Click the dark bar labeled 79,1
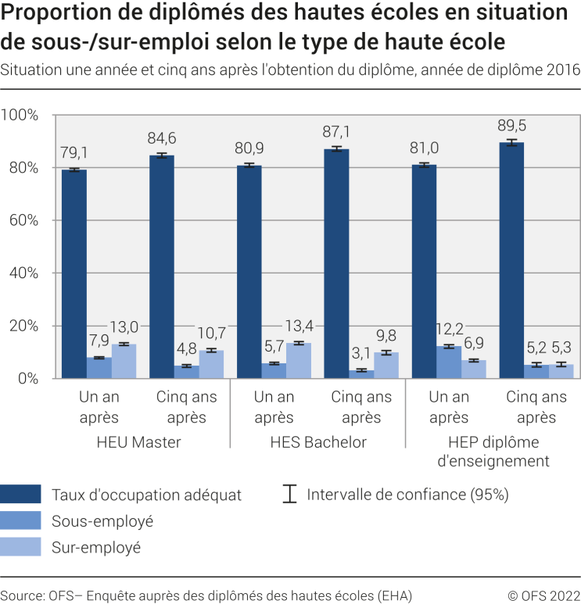[x=74, y=273]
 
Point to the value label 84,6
[x=162, y=139]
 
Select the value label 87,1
[x=337, y=132]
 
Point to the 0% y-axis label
[x=27, y=379]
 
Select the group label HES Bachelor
[x=317, y=442]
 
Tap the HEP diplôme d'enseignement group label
[x=493, y=452]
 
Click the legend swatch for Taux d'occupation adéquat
[x=21, y=494]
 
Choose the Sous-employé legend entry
[x=102, y=520]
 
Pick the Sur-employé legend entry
[x=95, y=547]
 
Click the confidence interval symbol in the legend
[x=290, y=494]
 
